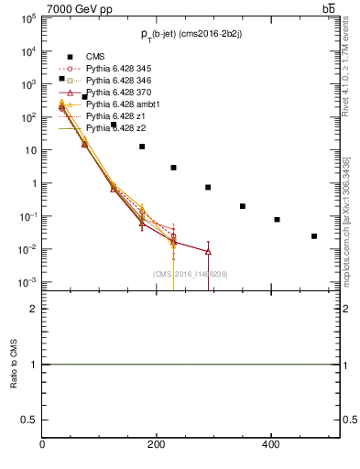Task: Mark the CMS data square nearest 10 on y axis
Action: (x=142, y=147)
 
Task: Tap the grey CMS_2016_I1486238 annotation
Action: (x=191, y=274)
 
